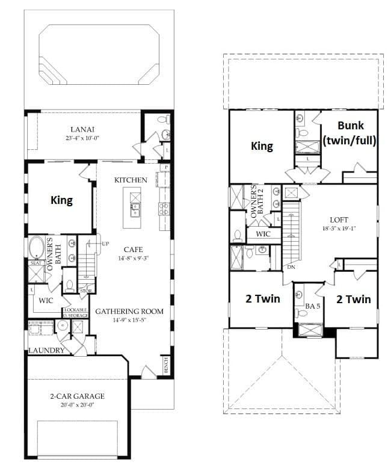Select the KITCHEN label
point(131,180)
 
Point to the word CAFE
point(133,249)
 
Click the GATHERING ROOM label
point(129,312)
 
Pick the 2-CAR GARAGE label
point(77,396)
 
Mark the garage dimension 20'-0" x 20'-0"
point(77,405)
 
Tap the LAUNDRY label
point(45,350)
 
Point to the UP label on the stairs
point(104,244)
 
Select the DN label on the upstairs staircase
point(291,266)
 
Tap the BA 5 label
point(311,306)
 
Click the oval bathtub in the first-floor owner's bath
point(36,248)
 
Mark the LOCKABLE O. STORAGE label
point(76,313)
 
